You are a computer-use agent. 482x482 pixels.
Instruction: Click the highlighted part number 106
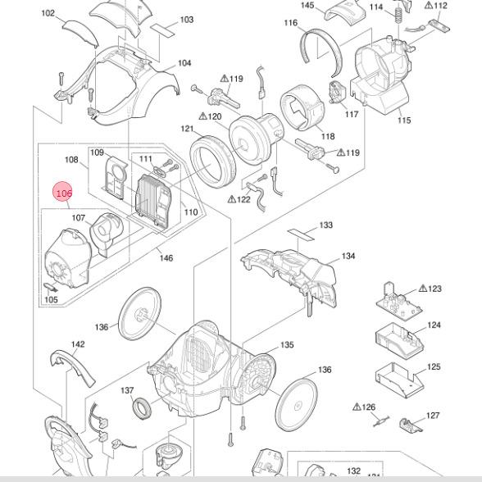[64, 193]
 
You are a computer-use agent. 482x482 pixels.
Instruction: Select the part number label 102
[48, 13]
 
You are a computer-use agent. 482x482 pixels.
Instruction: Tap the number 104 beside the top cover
[184, 63]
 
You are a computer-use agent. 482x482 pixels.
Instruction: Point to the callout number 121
[187, 129]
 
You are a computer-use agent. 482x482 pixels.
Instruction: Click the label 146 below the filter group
[166, 258]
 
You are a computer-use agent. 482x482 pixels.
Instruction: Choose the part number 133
[326, 225]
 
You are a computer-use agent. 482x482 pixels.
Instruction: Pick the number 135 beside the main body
[287, 345]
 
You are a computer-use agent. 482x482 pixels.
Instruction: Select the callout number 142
[78, 344]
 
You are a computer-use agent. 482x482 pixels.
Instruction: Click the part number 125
[434, 366]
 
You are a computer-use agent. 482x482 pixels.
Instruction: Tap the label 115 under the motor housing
[404, 120]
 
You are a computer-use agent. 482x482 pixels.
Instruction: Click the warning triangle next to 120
[202, 116]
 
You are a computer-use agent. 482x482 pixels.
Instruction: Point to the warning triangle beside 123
[423, 289]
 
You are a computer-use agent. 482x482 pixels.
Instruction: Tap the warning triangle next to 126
[357, 407]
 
